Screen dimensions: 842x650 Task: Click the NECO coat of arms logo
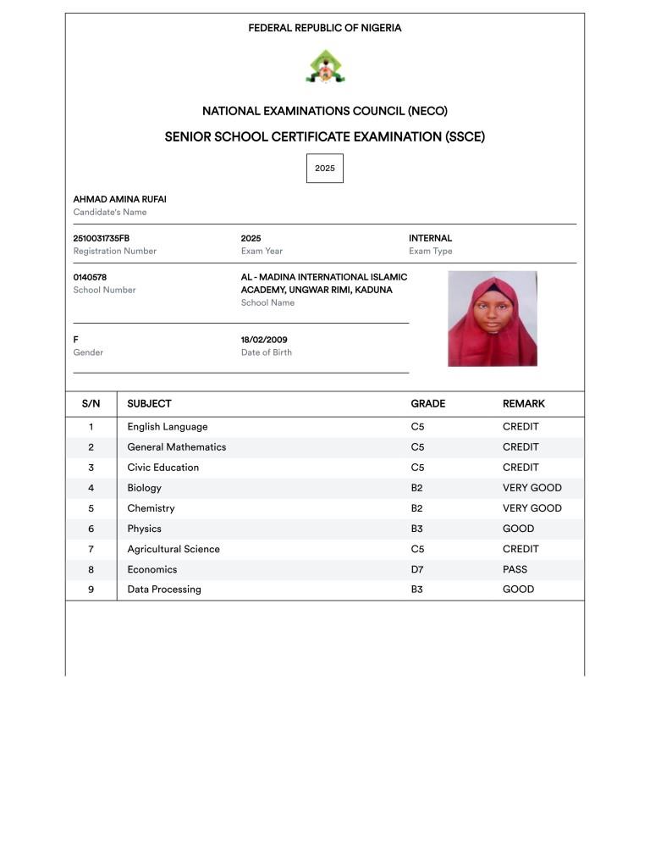[325, 66]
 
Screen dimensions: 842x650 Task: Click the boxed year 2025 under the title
[325, 168]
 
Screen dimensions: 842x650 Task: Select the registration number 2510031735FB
[102, 239]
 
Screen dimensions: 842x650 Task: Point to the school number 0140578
[90, 277]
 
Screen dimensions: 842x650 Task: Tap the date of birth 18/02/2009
[264, 340]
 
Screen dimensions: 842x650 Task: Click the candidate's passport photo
[493, 319]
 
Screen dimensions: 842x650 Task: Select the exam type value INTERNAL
[430, 239]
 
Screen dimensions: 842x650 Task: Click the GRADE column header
[427, 404]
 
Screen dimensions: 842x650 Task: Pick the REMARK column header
[523, 404]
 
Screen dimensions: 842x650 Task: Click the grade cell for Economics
[417, 569]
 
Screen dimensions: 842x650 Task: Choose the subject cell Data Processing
[164, 590]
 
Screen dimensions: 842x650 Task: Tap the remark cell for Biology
[532, 488]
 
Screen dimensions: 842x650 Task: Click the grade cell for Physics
[417, 529]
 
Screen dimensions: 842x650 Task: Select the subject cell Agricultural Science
[174, 549]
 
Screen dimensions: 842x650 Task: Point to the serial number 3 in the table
[91, 468]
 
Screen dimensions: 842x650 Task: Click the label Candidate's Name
[110, 213]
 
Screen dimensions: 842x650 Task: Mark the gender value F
[76, 340]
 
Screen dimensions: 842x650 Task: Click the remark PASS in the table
[515, 569]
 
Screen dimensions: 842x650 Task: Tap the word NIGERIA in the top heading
[381, 28]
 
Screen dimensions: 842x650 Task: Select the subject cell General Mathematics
[177, 447]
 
